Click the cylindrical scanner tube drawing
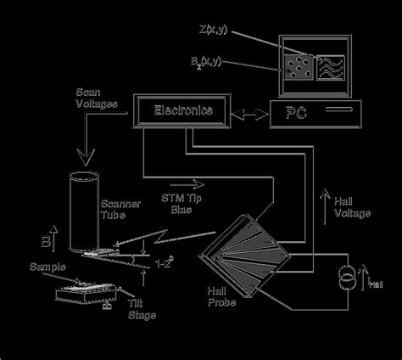(x=83, y=212)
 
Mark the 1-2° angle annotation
(x=166, y=263)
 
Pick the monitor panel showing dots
(x=298, y=66)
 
